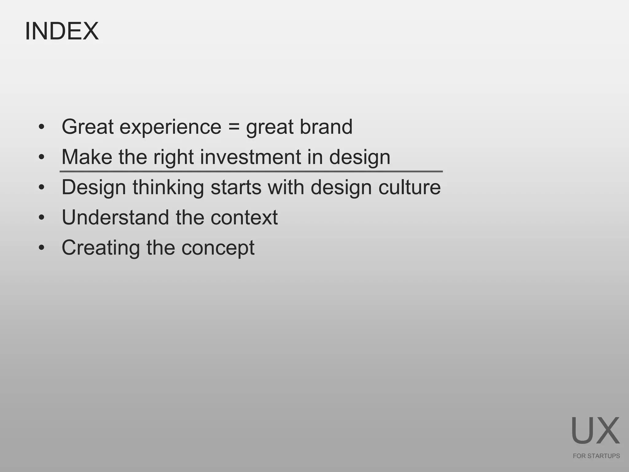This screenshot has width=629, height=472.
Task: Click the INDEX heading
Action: [62, 31]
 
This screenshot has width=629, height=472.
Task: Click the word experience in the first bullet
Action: [170, 127]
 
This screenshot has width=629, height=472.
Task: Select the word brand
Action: [326, 127]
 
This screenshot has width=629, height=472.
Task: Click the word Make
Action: [87, 157]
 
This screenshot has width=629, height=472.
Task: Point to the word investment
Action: [250, 157]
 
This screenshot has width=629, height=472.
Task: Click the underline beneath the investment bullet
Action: [251, 171]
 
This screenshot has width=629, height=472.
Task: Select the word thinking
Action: [168, 187]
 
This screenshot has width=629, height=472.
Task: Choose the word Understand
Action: [115, 218]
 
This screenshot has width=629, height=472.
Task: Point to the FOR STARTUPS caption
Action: [596, 456]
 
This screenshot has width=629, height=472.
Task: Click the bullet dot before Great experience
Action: [42, 127]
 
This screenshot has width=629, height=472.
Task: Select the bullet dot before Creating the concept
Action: [42, 248]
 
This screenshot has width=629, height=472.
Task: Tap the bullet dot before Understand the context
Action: [42, 218]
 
